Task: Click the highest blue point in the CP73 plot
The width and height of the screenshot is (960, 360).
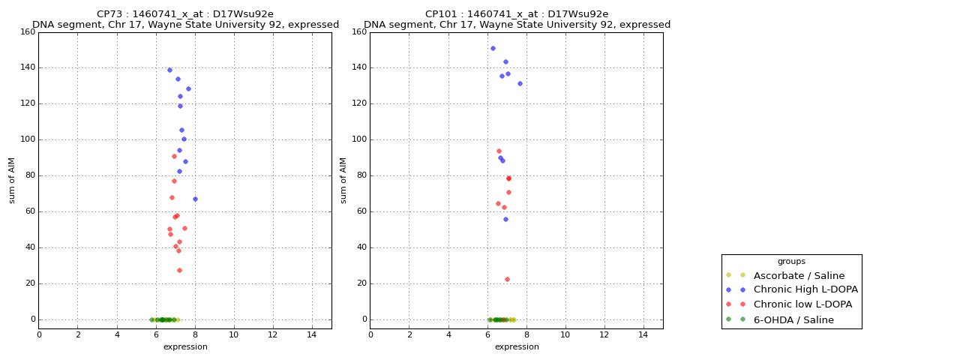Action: (169, 70)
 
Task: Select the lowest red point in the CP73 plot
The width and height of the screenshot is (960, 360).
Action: (179, 270)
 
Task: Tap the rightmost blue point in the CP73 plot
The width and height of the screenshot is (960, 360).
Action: (195, 199)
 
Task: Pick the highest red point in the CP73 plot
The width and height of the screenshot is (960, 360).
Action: (174, 156)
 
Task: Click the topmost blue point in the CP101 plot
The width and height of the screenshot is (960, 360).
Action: (493, 48)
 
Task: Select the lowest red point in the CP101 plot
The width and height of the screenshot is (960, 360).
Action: (507, 279)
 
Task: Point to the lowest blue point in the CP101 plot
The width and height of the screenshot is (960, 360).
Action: (505, 219)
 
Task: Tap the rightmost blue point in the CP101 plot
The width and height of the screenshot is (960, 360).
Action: (520, 83)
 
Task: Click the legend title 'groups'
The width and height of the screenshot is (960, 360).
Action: (791, 262)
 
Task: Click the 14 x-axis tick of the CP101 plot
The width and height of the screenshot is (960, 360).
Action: (643, 334)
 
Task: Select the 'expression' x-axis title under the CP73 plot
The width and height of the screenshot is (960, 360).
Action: (185, 347)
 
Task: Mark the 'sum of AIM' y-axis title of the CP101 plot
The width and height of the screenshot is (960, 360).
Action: (343, 180)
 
